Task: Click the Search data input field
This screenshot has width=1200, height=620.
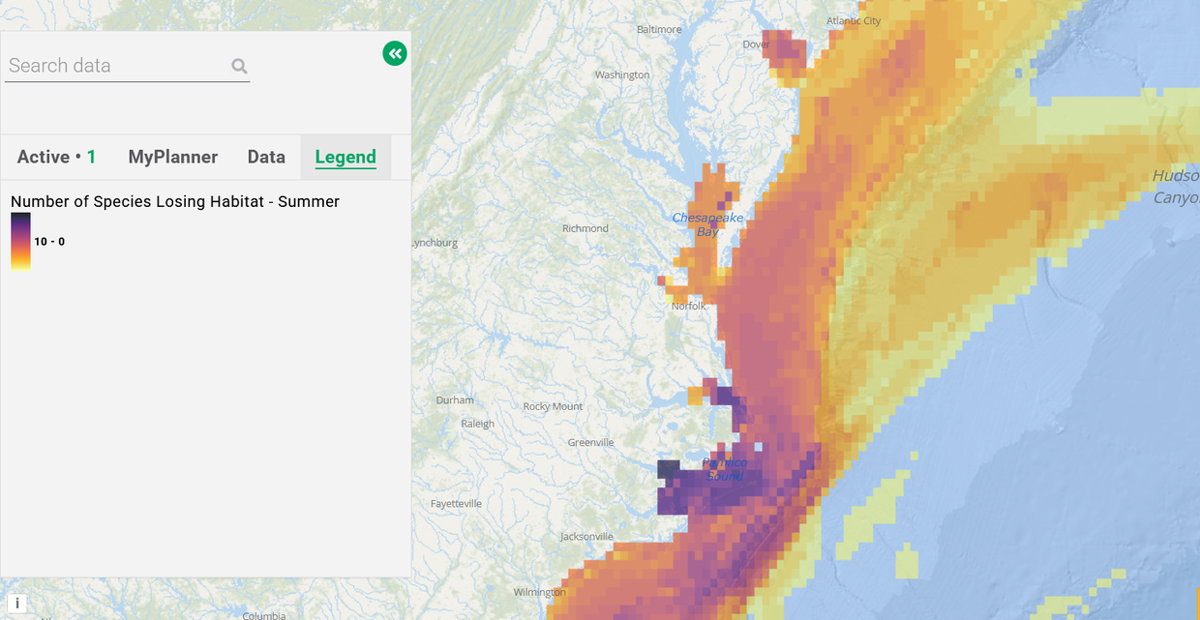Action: tap(116, 66)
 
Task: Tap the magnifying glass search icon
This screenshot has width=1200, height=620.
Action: tap(239, 66)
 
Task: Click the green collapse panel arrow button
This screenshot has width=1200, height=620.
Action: tap(395, 53)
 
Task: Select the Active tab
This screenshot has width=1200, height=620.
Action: tap(56, 157)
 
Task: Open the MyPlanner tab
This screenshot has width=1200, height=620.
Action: tap(173, 157)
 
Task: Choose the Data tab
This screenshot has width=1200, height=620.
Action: tap(266, 157)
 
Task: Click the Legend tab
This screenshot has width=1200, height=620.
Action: tap(345, 157)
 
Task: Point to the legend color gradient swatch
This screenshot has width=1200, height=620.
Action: tap(20, 241)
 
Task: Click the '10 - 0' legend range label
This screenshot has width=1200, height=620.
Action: tap(49, 241)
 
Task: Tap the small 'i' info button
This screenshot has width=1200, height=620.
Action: tap(16, 604)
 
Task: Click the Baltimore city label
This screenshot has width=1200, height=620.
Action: tap(659, 29)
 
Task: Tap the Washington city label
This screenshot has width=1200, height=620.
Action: tap(622, 75)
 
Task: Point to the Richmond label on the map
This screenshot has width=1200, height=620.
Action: tap(585, 228)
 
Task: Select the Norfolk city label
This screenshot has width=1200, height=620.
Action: tap(689, 306)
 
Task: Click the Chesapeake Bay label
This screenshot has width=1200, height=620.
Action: tap(707, 224)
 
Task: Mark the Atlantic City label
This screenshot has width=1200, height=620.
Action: tap(854, 21)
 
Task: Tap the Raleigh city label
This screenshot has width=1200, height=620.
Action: tap(477, 424)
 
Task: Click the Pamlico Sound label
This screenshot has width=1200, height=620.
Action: tap(725, 469)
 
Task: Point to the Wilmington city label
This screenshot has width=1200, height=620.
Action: tap(539, 592)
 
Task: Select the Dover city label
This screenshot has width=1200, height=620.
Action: tap(756, 44)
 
